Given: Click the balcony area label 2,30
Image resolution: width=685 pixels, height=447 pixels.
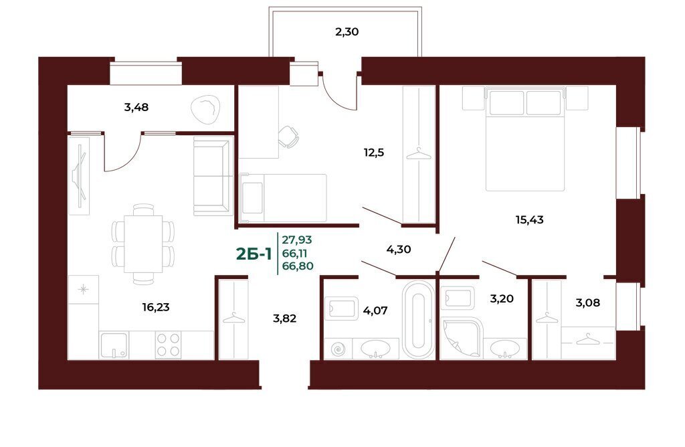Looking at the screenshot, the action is click(347, 32).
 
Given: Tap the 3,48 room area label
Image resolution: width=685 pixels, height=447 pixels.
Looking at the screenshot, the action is click(136, 107).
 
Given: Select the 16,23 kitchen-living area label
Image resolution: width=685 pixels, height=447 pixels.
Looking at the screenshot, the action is click(155, 308).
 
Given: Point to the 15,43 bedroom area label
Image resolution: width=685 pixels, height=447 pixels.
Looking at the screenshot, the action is click(530, 219).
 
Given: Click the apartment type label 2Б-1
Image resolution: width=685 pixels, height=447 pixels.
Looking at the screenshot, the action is click(254, 254).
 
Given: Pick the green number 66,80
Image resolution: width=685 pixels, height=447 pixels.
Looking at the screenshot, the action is click(298, 266).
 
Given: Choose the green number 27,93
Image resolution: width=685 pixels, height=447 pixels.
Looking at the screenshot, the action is click(297, 240).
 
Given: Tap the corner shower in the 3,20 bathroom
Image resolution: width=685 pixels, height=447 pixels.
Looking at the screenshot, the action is click(462, 339).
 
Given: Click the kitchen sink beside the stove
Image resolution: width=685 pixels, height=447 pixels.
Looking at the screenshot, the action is click(114, 346).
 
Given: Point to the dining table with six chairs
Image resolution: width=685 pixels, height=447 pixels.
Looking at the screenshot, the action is click(143, 244).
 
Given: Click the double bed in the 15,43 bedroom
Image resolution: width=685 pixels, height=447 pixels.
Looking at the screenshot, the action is click(525, 139).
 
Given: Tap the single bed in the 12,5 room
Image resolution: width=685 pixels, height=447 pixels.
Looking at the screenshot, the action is click(283, 198).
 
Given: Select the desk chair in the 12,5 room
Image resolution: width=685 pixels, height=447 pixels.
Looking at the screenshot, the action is click(288, 137).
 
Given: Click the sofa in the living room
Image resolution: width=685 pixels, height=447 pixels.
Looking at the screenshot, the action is click(213, 176).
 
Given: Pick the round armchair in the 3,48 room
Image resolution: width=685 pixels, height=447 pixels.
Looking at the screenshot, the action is click(205, 110).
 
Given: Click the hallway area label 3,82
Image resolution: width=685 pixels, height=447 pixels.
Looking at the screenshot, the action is click(284, 319).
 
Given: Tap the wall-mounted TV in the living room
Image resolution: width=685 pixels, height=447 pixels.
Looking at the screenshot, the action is click(80, 176).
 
